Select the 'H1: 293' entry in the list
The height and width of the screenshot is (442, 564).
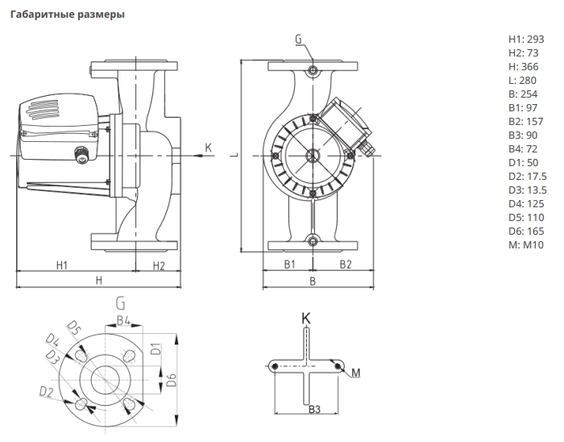[x=527, y=39]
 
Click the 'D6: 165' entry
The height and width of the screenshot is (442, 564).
[x=527, y=231]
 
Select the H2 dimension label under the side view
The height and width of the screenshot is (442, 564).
[x=158, y=265]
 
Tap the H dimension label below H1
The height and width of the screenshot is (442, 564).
[x=99, y=280]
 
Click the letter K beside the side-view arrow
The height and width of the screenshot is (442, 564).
[x=208, y=148]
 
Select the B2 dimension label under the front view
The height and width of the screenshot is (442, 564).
[x=345, y=265]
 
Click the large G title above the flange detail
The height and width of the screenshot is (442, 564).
[x=120, y=303]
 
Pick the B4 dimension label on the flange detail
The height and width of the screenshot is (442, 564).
[x=122, y=320]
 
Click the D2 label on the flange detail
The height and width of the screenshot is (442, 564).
[x=46, y=391]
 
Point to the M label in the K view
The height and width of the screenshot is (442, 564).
[x=355, y=373]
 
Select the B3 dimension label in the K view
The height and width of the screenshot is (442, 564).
[x=315, y=410]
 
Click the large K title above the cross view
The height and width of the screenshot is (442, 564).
[x=305, y=318]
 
